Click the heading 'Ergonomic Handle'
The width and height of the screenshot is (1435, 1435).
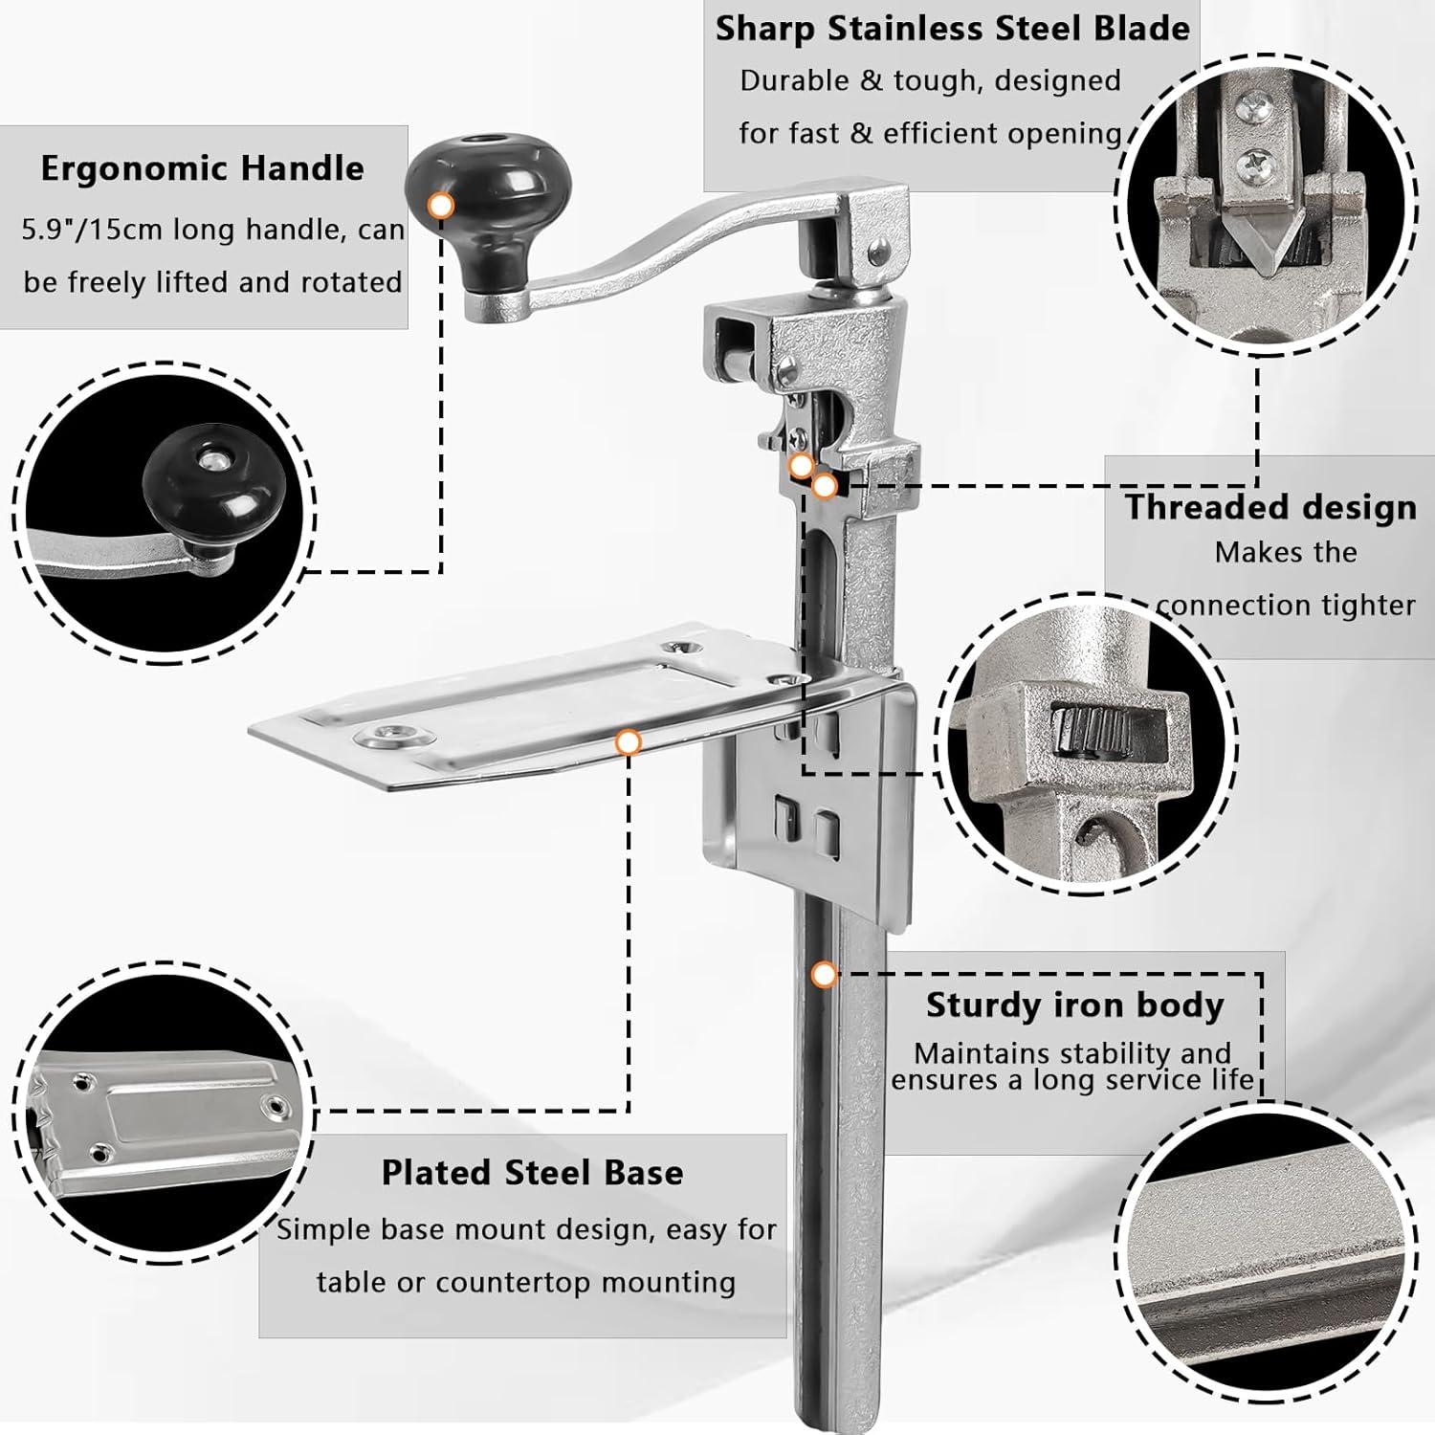click(x=202, y=169)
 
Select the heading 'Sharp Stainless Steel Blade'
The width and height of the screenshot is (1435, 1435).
click(x=953, y=29)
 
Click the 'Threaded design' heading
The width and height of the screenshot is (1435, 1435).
click(x=1270, y=507)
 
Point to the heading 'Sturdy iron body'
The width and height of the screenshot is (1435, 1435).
click(x=1074, y=1005)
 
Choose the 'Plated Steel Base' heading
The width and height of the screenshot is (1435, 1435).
click(x=532, y=1173)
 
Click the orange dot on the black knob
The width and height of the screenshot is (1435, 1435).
click(x=441, y=205)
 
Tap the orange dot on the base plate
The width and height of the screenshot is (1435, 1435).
click(x=629, y=741)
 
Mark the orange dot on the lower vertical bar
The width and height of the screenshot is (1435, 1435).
click(x=823, y=975)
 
